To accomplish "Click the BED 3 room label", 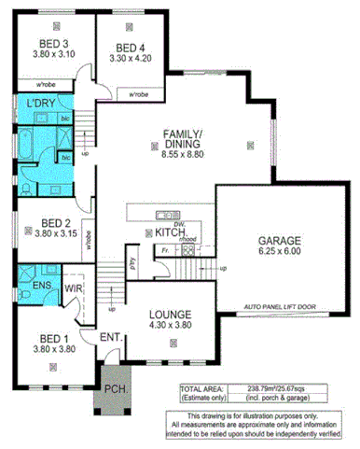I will [53, 44].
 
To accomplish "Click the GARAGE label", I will [280, 240].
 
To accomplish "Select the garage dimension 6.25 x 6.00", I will [280, 251].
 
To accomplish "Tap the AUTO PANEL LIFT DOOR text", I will [281, 305].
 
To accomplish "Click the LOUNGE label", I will [170, 315].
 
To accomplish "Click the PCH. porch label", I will [114, 388].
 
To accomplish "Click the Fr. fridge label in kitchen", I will [162, 250].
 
